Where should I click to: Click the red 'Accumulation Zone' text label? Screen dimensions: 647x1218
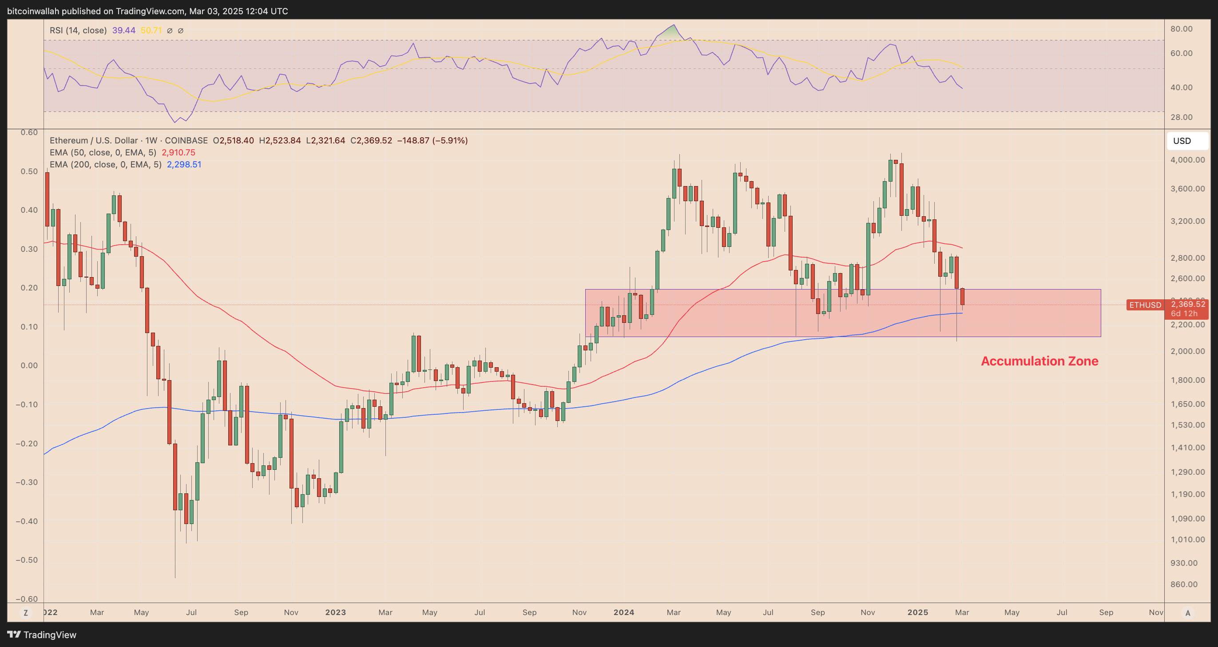point(1039,361)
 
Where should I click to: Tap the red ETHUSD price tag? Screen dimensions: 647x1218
point(1145,305)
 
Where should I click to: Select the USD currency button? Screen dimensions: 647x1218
point(1182,141)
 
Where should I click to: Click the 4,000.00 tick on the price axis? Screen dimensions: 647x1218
point(1187,160)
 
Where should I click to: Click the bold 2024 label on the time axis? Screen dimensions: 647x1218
point(624,612)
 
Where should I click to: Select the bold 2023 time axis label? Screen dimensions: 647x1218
point(335,612)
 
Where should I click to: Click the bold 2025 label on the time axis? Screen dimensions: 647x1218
point(917,612)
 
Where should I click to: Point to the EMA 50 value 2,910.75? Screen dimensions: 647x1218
point(178,152)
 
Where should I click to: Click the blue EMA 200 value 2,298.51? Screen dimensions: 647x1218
point(184,165)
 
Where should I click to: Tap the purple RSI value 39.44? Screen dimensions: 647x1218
point(123,30)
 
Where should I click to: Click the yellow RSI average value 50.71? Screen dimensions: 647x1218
point(151,30)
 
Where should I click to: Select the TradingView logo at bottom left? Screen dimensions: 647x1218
point(42,635)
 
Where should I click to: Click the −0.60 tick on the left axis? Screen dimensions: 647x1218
point(27,599)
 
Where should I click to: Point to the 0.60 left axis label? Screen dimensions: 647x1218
point(29,132)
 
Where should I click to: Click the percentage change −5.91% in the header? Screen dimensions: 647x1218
point(450,140)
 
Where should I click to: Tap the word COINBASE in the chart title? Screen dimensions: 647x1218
point(186,140)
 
